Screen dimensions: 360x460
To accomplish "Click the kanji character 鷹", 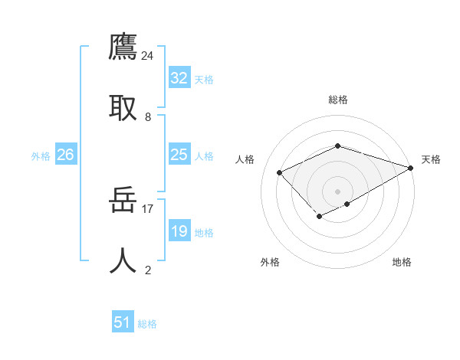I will pos(123,47).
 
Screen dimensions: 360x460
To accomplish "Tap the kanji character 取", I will pos(123,107).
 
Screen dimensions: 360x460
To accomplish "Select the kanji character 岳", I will pos(123,201).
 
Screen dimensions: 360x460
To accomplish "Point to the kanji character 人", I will pos(123,260).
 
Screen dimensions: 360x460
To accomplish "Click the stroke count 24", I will pos(148,56).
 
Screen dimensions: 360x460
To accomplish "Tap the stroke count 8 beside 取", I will pos(148,116).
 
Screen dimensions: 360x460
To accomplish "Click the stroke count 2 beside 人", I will pos(148,269).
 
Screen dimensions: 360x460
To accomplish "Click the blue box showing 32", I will pos(179,78).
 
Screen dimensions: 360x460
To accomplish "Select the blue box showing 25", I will pos(179,155).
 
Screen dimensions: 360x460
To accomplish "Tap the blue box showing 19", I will pos(179,231).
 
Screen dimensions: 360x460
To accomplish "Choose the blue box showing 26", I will pos(65,155).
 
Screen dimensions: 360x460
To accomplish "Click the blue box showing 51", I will pos(123,322).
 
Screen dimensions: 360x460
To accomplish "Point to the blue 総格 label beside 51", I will pos(147,324).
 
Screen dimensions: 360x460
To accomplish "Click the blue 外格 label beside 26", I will pos(41,156).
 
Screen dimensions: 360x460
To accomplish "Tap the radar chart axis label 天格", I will pos(431,159).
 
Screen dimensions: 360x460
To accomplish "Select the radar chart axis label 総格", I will pos(338,100).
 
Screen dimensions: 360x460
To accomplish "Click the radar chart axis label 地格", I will pos(402,262).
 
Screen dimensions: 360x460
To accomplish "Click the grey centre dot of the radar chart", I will pos(338,191).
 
